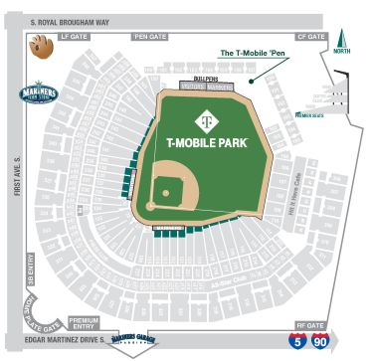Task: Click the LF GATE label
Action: [x=77, y=36]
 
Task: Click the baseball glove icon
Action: [x=40, y=44]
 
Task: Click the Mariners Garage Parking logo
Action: [x=136, y=339]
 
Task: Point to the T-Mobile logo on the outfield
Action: [x=207, y=117]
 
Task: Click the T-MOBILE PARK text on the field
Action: [x=207, y=142]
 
